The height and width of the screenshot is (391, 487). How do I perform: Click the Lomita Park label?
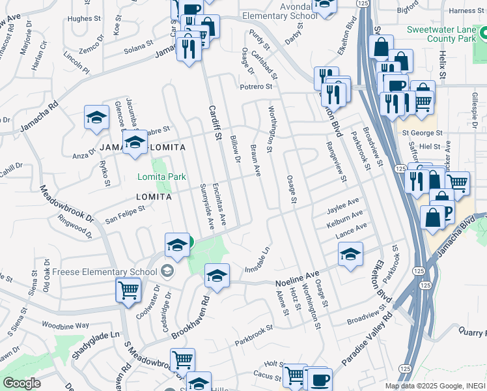coord(161,177)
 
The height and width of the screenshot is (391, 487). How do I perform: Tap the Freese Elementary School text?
coord(105,271)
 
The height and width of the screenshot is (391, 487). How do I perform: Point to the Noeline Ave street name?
coord(297,279)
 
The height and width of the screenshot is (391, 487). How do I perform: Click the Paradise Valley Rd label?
coord(366,343)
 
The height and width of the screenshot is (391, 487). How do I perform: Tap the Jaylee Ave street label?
coord(344,207)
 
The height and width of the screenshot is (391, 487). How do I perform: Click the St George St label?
coord(421,133)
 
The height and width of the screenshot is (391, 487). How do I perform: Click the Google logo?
coord(21,383)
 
